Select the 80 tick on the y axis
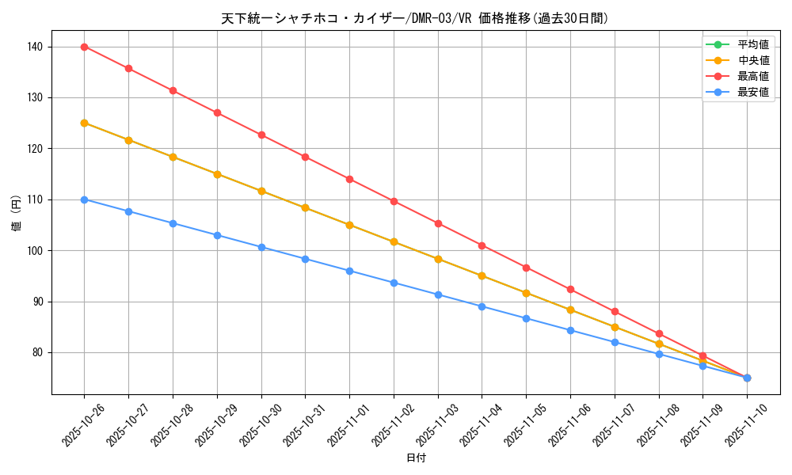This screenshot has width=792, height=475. pyautogui.click(x=36, y=352)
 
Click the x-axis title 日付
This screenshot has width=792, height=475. pyautogui.click(x=416, y=458)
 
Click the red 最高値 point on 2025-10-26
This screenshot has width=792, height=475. pyautogui.click(x=84, y=47)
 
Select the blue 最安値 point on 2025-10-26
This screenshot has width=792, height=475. pyautogui.click(x=84, y=199)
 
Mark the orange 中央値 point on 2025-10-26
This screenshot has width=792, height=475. pyautogui.click(x=84, y=123)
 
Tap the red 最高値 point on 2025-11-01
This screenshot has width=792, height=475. pyautogui.click(x=349, y=179)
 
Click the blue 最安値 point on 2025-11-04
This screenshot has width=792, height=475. pyautogui.click(x=482, y=306)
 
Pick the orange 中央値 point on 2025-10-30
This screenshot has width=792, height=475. pyautogui.click(x=261, y=191)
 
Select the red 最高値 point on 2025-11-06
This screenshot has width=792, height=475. pyautogui.click(x=570, y=289)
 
